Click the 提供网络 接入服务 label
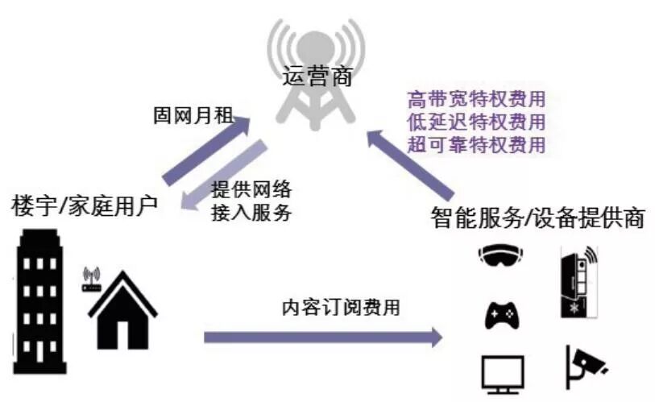point(251,201)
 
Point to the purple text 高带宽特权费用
point(476,101)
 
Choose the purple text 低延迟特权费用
point(476,122)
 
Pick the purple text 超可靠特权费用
point(476,145)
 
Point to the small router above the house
point(90,278)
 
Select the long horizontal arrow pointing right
point(322,336)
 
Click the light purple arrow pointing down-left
point(234,178)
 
